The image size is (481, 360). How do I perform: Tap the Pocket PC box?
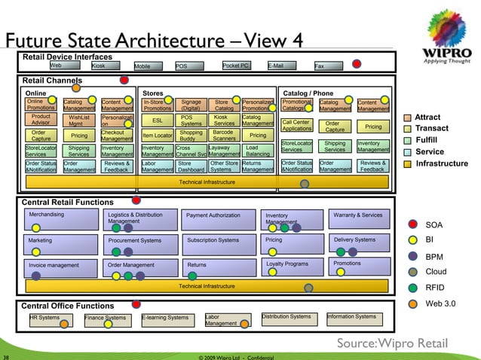[235, 66]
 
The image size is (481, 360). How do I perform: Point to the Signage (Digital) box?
[191, 105]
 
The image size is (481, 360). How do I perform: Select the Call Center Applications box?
[296, 125]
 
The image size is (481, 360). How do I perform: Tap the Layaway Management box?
[223, 151]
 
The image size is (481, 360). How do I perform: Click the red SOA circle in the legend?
[412, 224]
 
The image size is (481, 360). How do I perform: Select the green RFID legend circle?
[412, 287]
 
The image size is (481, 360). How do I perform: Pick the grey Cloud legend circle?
[412, 271]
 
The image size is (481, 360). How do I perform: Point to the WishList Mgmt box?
[79, 121]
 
